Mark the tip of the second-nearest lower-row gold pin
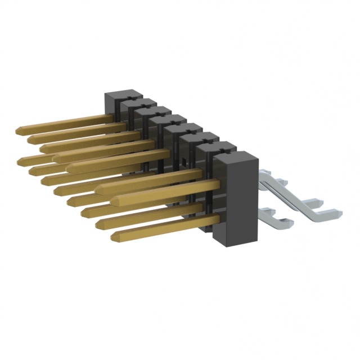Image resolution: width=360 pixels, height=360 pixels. click(100, 223)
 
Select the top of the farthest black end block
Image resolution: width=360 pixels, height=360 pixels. click(123, 93)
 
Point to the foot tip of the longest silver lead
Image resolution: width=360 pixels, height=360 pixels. click(337, 212)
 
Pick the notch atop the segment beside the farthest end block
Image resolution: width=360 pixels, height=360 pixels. click(130, 103)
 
